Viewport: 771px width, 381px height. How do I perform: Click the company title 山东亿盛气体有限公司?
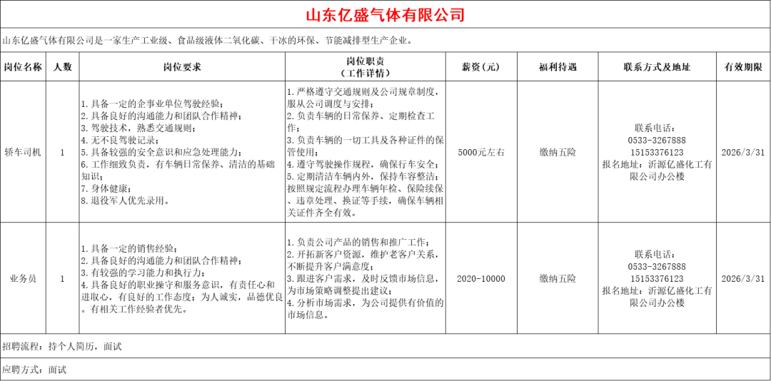(x=385, y=15)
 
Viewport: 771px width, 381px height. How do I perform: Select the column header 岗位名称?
(x=23, y=67)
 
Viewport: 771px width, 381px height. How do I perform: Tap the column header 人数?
(x=63, y=67)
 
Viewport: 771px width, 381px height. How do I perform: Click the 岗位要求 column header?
(x=182, y=67)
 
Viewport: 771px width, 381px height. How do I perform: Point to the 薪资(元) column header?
(x=480, y=67)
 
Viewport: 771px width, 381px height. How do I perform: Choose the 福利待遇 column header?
(x=558, y=67)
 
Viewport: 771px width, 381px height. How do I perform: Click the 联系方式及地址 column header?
(x=657, y=67)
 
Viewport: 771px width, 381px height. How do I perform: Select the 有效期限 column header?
(x=743, y=67)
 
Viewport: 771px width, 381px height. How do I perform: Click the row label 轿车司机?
(x=23, y=152)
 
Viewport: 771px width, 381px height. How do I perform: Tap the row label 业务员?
(x=23, y=279)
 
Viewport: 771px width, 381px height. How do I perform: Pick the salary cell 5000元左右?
(x=480, y=152)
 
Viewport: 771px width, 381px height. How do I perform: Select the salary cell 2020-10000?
(x=480, y=279)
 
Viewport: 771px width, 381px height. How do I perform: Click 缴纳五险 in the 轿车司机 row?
(x=558, y=152)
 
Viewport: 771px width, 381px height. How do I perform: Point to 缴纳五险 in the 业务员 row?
(x=558, y=279)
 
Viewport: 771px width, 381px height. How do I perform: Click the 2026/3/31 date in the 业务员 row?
(x=743, y=279)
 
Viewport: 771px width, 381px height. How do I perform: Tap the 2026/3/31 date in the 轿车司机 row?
(x=743, y=152)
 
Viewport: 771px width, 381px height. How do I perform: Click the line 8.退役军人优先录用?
(x=125, y=201)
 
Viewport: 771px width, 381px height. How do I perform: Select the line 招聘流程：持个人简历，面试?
(x=62, y=347)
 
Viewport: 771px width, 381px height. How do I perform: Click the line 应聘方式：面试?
(x=34, y=370)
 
